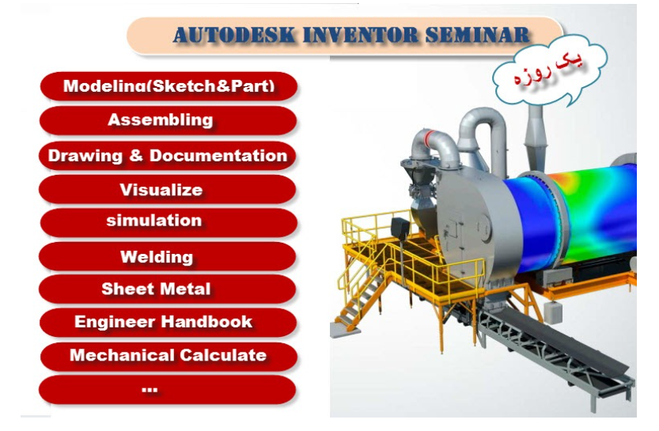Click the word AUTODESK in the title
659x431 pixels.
pos(234,35)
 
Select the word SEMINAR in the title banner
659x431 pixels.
pos(477,35)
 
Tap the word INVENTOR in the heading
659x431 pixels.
pos(360,35)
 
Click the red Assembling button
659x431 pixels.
pos(168,120)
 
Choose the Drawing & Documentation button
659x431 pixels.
pos(167,156)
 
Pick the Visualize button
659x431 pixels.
pos(167,190)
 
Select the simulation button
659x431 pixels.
pos(169,222)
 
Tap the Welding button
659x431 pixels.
pos(167,256)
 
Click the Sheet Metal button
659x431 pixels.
pos(167,289)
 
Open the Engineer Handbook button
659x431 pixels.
pos(168,322)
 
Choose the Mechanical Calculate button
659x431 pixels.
pos(169,356)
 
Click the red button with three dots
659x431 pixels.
pos(167,389)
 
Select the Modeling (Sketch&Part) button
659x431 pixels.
pos(169,86)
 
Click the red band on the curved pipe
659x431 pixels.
pos(429,138)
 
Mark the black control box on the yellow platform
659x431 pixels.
pos(400,229)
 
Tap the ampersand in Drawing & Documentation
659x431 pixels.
pos(136,156)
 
